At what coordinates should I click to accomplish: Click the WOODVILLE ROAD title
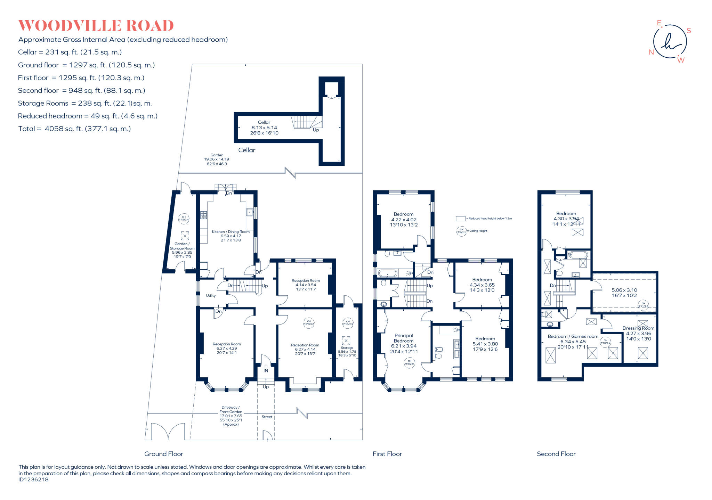pos(96,26)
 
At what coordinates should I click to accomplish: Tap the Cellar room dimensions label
pos(264,128)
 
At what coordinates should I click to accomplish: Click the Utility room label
pos(211,296)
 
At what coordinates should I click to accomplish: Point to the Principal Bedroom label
pos(404,338)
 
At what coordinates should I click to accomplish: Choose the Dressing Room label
pos(638,328)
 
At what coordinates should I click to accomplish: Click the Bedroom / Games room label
pos(573,336)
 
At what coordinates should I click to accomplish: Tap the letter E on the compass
pos(659,23)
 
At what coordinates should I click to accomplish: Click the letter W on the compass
pos(681,60)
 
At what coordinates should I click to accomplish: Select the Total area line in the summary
pos(74,129)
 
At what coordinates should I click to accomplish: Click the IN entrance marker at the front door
pos(266,371)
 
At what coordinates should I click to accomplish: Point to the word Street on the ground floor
pos(267,417)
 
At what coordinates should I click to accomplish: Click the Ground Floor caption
pos(163,454)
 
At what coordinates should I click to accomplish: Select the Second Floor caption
pos(556,454)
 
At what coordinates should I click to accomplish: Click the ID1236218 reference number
pos(34,479)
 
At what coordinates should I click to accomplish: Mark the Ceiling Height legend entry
pos(478,231)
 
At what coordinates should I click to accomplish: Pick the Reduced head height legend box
pos(460,219)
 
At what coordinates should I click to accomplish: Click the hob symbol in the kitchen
pos(203,215)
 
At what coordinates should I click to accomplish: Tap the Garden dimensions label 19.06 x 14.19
pos(217,159)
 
